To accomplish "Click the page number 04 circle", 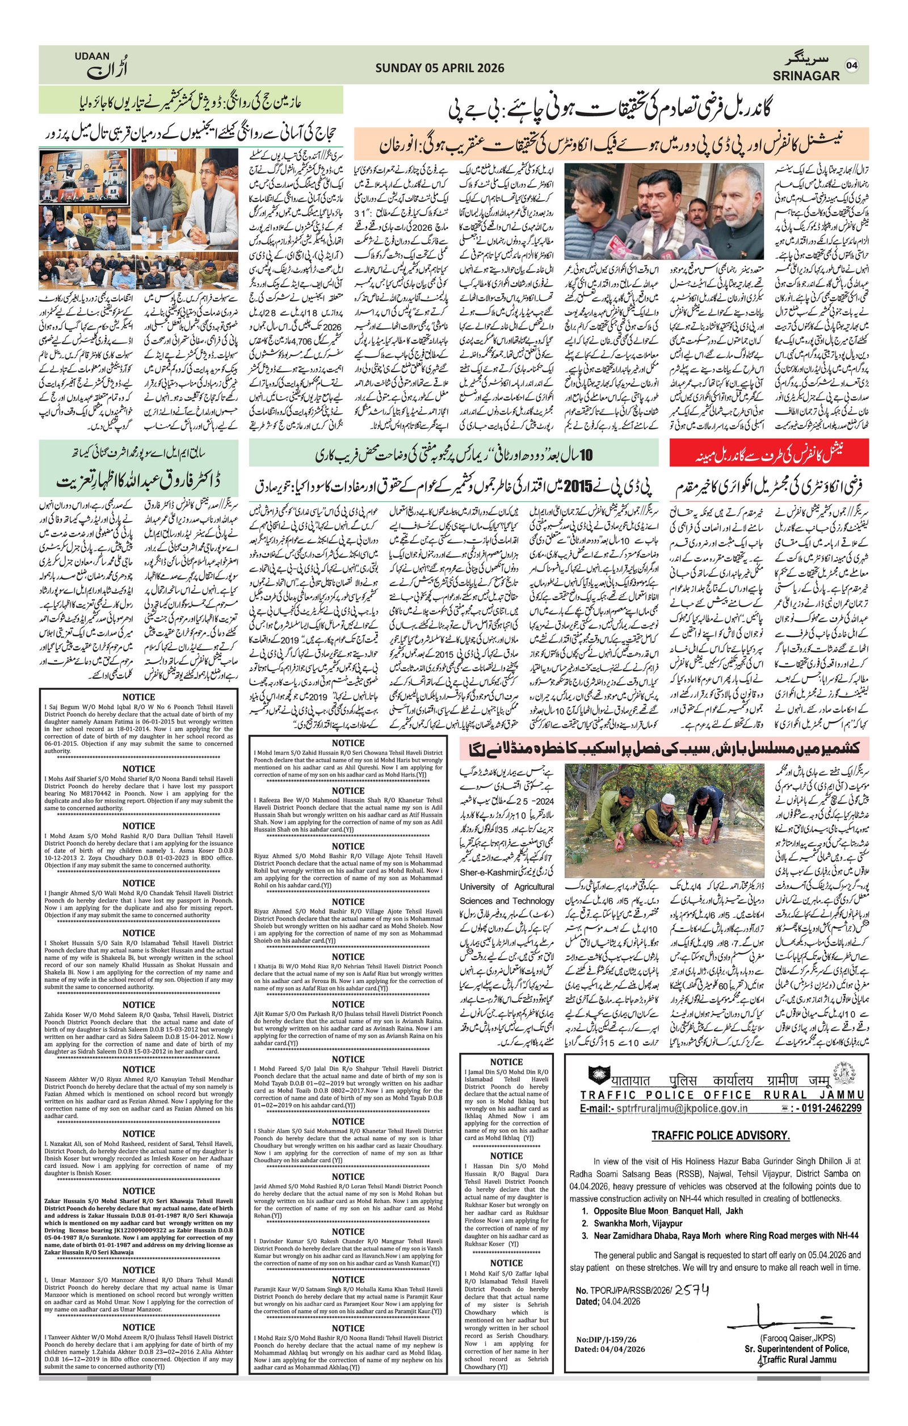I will click(x=851, y=65).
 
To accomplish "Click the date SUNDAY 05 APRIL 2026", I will click(x=439, y=68).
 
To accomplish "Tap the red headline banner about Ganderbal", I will click(x=769, y=453).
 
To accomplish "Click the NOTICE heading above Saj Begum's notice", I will click(x=138, y=697).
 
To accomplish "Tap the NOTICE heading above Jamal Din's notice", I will click(x=506, y=1062).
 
